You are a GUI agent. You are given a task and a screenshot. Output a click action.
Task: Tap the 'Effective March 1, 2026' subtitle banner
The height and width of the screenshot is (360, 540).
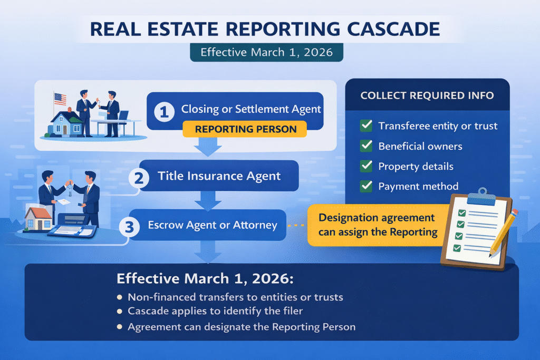click(x=266, y=53)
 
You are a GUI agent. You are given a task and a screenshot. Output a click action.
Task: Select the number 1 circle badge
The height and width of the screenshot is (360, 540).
click(x=164, y=111)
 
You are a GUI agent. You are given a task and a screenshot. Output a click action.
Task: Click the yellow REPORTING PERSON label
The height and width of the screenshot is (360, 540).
click(x=246, y=129)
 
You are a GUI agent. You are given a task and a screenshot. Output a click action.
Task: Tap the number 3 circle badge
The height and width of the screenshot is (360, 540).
click(x=130, y=227)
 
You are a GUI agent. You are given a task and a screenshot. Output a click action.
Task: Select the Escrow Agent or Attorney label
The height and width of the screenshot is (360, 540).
click(x=213, y=225)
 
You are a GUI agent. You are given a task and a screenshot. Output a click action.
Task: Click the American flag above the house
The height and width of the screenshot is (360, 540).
click(x=60, y=99)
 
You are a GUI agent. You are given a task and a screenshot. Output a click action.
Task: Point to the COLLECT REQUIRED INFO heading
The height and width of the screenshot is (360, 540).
click(x=427, y=96)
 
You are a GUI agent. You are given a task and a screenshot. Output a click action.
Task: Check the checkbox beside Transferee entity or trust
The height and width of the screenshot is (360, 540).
click(x=365, y=126)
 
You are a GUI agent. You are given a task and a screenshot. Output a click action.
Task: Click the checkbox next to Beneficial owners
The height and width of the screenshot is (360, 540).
click(x=365, y=146)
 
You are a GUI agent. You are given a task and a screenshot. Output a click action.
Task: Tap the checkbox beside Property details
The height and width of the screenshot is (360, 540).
click(x=365, y=166)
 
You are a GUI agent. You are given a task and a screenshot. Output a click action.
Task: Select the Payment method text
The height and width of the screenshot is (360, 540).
click(x=418, y=186)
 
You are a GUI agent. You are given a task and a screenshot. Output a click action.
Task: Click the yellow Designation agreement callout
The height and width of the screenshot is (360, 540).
click(x=377, y=225)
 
